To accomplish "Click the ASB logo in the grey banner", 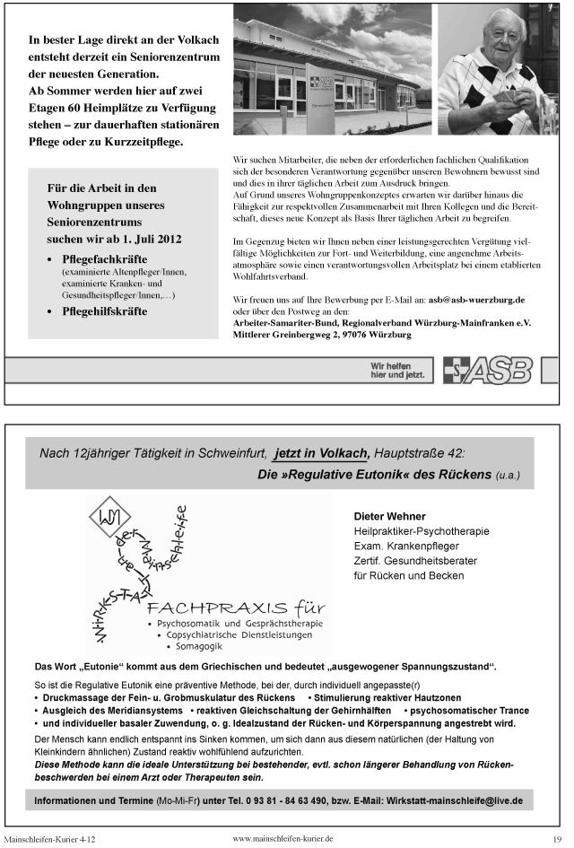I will tap(488, 370).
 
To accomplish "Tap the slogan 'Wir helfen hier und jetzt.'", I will tap(397, 370).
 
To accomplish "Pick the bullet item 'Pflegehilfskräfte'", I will tap(104, 311).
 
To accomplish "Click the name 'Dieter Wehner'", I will tap(389, 517).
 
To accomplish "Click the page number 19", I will tap(556, 838).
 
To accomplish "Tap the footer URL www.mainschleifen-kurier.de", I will tap(283, 837).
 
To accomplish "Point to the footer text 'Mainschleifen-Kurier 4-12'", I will tap(49, 838).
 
